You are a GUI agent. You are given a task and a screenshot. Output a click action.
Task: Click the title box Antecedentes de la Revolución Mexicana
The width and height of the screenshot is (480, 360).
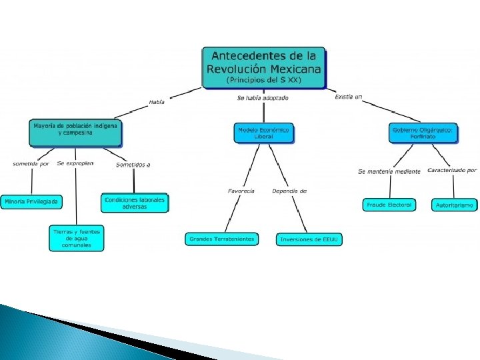pos(264,67)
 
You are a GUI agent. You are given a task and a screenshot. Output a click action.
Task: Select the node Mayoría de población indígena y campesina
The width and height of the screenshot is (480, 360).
pos(75,133)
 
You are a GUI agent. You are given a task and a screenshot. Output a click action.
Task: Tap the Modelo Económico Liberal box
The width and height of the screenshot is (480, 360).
pos(264,133)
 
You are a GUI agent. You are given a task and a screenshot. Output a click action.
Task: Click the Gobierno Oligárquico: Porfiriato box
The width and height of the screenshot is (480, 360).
pos(423,133)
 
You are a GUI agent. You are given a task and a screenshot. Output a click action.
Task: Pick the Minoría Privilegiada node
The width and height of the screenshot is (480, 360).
pos(31,201)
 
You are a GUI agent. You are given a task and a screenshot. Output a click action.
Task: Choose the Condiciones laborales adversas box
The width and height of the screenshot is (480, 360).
pos(135,203)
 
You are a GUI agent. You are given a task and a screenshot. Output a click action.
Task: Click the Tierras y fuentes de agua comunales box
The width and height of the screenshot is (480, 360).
pos(77,238)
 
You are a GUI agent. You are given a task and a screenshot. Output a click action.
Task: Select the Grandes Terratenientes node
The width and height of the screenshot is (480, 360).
pos(221,239)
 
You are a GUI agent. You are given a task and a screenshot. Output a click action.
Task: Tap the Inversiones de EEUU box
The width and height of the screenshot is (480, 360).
pos(309,239)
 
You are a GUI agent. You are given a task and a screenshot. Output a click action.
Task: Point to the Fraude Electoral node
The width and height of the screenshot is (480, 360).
pos(389,205)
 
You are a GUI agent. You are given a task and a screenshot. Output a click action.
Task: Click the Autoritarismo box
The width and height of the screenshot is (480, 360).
pos(455,205)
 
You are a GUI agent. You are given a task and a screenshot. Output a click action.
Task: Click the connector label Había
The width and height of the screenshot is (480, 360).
pos(157,102)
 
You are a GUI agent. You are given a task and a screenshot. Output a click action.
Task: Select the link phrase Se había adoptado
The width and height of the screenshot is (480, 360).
pos(263,98)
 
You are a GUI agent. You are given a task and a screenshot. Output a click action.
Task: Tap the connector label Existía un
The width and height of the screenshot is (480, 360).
pos(348,97)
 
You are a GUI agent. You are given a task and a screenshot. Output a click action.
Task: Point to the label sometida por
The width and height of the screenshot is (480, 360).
pos(31,164)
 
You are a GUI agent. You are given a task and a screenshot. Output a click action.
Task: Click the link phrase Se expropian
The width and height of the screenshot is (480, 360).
pos(75,163)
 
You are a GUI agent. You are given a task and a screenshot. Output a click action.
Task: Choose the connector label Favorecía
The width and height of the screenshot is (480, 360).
pos(241,191)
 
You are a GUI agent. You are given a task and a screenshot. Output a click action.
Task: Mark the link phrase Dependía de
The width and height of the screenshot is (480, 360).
pos(289,191)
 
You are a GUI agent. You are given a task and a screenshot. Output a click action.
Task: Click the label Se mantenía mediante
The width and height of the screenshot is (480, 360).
pos(389,171)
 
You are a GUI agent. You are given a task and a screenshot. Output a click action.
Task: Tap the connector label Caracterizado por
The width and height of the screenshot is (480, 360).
pos(452,171)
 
